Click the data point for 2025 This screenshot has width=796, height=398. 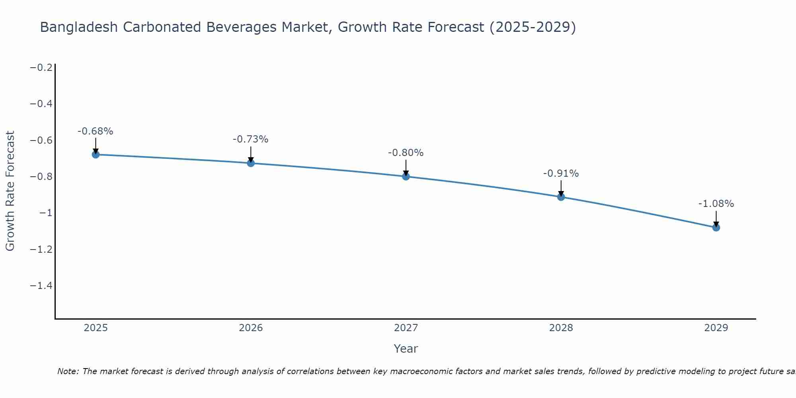[96, 154]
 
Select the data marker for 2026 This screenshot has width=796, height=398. [251, 163]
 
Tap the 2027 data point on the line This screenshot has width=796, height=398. [406, 176]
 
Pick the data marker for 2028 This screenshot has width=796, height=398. [561, 197]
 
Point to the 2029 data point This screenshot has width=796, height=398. [716, 227]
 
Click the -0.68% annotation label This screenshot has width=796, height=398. [96, 131]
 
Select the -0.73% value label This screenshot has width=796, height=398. [251, 139]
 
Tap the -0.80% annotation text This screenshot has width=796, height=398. [406, 153]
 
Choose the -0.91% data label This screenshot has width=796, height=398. [561, 174]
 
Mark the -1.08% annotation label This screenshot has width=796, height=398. [716, 204]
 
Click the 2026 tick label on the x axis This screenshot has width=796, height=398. [251, 328]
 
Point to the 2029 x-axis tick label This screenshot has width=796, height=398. [716, 328]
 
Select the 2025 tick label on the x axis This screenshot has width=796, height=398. [96, 328]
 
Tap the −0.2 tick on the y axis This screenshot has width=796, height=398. [41, 68]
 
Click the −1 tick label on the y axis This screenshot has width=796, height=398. [46, 213]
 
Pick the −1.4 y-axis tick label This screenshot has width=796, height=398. [41, 286]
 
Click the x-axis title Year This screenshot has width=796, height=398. [406, 349]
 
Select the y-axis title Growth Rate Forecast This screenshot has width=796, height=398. [10, 191]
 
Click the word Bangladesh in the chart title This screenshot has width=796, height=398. [79, 27]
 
